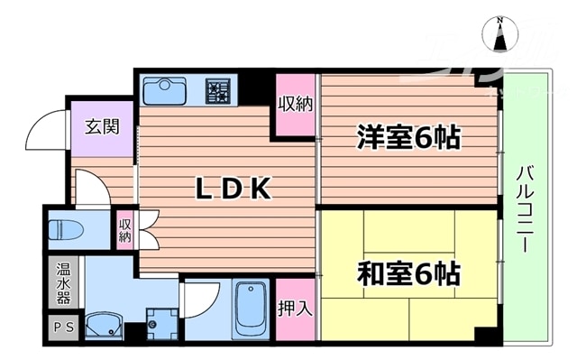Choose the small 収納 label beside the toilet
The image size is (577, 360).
(x=124, y=230)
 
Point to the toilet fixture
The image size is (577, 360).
(x=67, y=228)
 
